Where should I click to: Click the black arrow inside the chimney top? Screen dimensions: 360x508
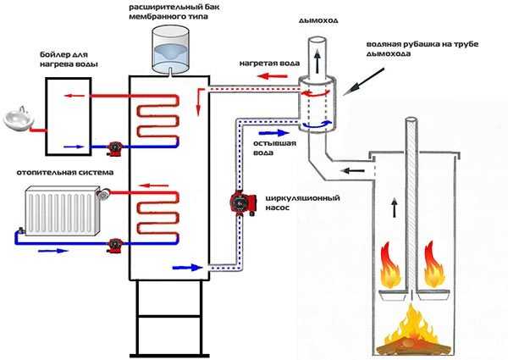coord(317,60)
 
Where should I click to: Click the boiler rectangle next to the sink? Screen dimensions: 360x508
coord(63,112)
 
